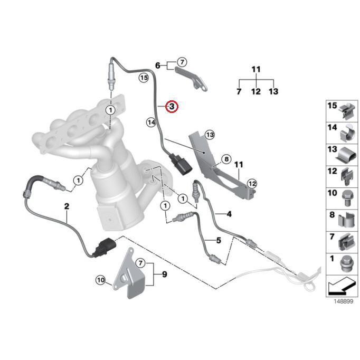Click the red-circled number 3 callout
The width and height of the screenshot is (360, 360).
tap(172, 107)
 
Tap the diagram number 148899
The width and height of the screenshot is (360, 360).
tap(343, 301)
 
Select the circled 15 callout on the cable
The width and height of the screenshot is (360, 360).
tap(144, 78)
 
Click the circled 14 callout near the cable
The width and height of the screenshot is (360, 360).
tap(151, 122)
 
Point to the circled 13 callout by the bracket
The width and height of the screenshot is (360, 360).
tap(210, 135)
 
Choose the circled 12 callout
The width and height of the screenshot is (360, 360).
tap(252, 184)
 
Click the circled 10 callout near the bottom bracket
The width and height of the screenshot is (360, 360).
tap(101, 280)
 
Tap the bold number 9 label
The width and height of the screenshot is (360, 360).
tap(165, 274)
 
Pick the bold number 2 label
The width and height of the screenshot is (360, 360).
tap(67, 206)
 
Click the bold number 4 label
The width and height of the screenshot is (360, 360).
tap(229, 214)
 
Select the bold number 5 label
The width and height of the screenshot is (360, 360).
tap(219, 240)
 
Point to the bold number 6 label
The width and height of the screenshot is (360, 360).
tap(158, 65)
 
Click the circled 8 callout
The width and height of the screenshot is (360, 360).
tap(226, 159)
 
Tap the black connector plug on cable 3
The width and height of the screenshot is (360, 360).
tap(181, 164)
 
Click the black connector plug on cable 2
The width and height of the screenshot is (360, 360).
tap(105, 248)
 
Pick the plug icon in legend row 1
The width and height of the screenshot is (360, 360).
tap(348, 264)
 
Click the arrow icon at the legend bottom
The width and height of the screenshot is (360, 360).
tap(342, 286)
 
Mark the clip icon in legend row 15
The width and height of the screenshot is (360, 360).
tap(347, 111)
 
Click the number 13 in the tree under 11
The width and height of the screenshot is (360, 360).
tap(273, 91)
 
